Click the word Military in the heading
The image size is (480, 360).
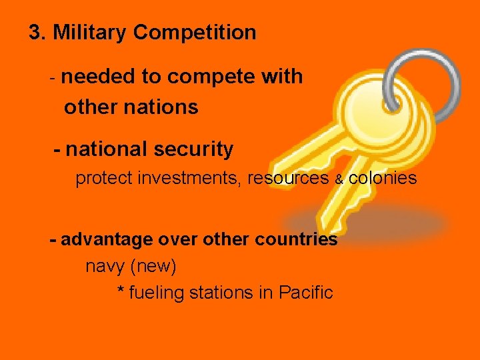pos(91,32)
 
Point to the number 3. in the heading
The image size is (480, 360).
pos(37,32)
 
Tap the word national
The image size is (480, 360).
pos(105,149)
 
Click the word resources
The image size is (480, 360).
pos(288,179)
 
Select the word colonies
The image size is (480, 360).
pos(383,178)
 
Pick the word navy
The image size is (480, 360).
pos(105,267)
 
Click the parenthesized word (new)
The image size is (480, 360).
pos(154,267)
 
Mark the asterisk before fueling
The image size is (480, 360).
pos(121,292)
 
